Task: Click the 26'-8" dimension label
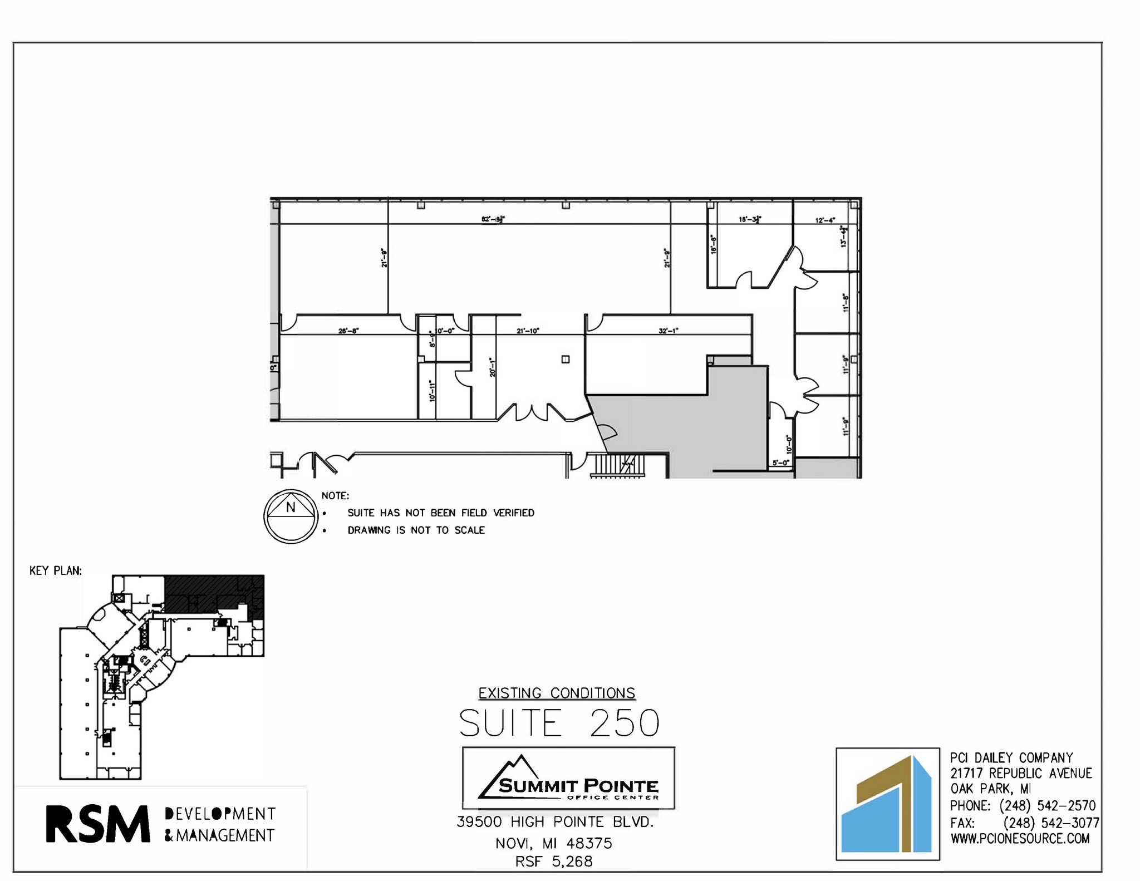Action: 348,331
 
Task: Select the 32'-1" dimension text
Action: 668,331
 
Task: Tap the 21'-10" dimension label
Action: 528,331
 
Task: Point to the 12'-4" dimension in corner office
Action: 825,220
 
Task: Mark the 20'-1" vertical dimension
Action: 492,367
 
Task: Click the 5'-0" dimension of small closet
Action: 781,462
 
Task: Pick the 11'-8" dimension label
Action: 846,303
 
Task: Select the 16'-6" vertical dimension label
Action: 714,244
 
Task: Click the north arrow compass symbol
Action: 291,516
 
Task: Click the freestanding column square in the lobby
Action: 566,360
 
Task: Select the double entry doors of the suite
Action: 532,412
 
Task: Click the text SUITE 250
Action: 559,723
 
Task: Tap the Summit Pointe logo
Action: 568,778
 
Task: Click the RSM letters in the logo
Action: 98,824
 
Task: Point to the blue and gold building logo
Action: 887,804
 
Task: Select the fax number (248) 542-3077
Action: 1051,823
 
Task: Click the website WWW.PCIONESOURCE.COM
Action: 1020,839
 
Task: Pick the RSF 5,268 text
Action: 554,862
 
